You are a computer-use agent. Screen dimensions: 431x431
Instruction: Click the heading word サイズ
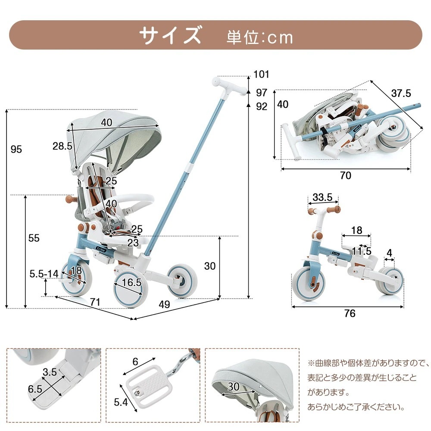click(170, 35)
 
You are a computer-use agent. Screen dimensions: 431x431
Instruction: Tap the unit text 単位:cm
click(259, 37)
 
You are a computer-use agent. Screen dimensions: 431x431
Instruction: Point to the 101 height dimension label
click(261, 74)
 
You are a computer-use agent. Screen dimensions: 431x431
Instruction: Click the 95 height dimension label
click(16, 150)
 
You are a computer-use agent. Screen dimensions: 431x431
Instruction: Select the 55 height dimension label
click(34, 238)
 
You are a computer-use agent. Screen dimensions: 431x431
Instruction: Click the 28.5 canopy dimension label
click(62, 146)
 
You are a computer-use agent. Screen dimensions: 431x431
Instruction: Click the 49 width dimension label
click(164, 304)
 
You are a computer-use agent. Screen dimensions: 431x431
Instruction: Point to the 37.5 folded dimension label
click(401, 93)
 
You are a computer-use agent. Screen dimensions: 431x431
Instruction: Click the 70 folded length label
click(345, 175)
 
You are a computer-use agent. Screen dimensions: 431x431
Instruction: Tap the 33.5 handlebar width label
click(322, 197)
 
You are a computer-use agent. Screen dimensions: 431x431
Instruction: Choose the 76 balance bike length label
click(350, 313)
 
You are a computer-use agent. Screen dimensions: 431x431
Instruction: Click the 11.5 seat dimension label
click(361, 251)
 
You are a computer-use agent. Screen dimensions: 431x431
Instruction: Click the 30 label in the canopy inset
click(233, 387)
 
